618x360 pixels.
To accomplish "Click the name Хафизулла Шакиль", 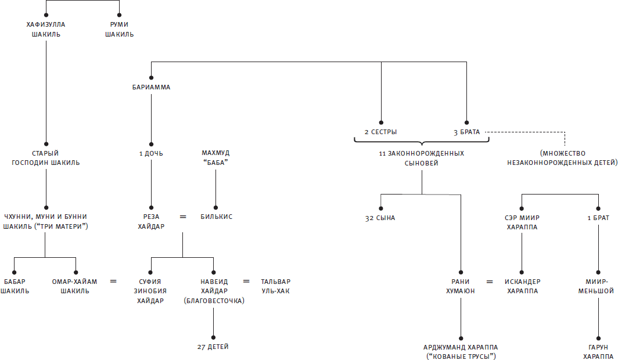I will [46, 30].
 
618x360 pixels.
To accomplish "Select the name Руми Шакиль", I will [119, 30].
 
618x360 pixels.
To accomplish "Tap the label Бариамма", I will [151, 88].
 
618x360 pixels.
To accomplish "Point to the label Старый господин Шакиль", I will [46, 158].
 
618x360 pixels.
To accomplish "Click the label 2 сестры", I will [381, 132].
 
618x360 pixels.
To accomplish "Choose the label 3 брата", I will [467, 132].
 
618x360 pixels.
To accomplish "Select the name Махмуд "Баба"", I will [215, 158].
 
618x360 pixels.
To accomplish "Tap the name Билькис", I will [215, 217].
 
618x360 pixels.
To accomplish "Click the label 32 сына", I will [380, 218].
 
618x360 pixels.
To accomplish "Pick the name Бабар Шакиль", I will [15, 286].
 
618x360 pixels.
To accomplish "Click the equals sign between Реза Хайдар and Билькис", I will [183, 217].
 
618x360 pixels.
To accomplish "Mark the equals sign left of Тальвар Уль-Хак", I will [246, 282].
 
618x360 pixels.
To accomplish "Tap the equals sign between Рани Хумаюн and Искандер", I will [490, 282].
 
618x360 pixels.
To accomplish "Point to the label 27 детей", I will [213, 347].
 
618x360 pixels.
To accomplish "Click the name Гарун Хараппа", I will [598, 351].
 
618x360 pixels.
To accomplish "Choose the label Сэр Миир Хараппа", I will [521, 222].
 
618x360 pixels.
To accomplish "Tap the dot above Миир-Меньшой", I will [598, 272].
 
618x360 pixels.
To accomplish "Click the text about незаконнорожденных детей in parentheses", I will [565, 158].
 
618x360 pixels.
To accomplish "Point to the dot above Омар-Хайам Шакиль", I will [76, 272].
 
